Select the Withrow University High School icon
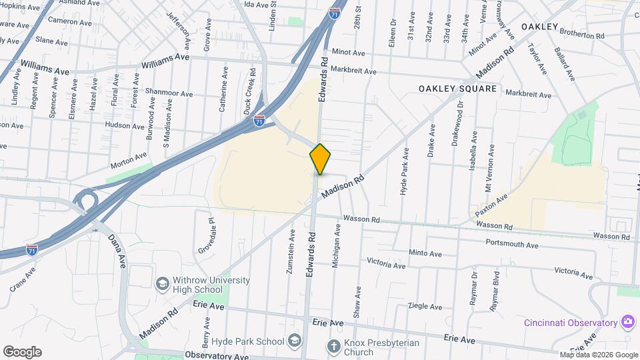[x=162, y=285]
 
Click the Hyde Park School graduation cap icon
[x=295, y=341]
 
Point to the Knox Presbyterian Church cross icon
[x=333, y=346]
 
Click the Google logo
[x=22, y=352]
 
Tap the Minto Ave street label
[x=425, y=253]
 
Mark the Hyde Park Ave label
[x=403, y=177]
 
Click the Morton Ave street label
[x=128, y=157]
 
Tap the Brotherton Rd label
[x=582, y=35]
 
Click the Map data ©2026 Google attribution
[x=599, y=355]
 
